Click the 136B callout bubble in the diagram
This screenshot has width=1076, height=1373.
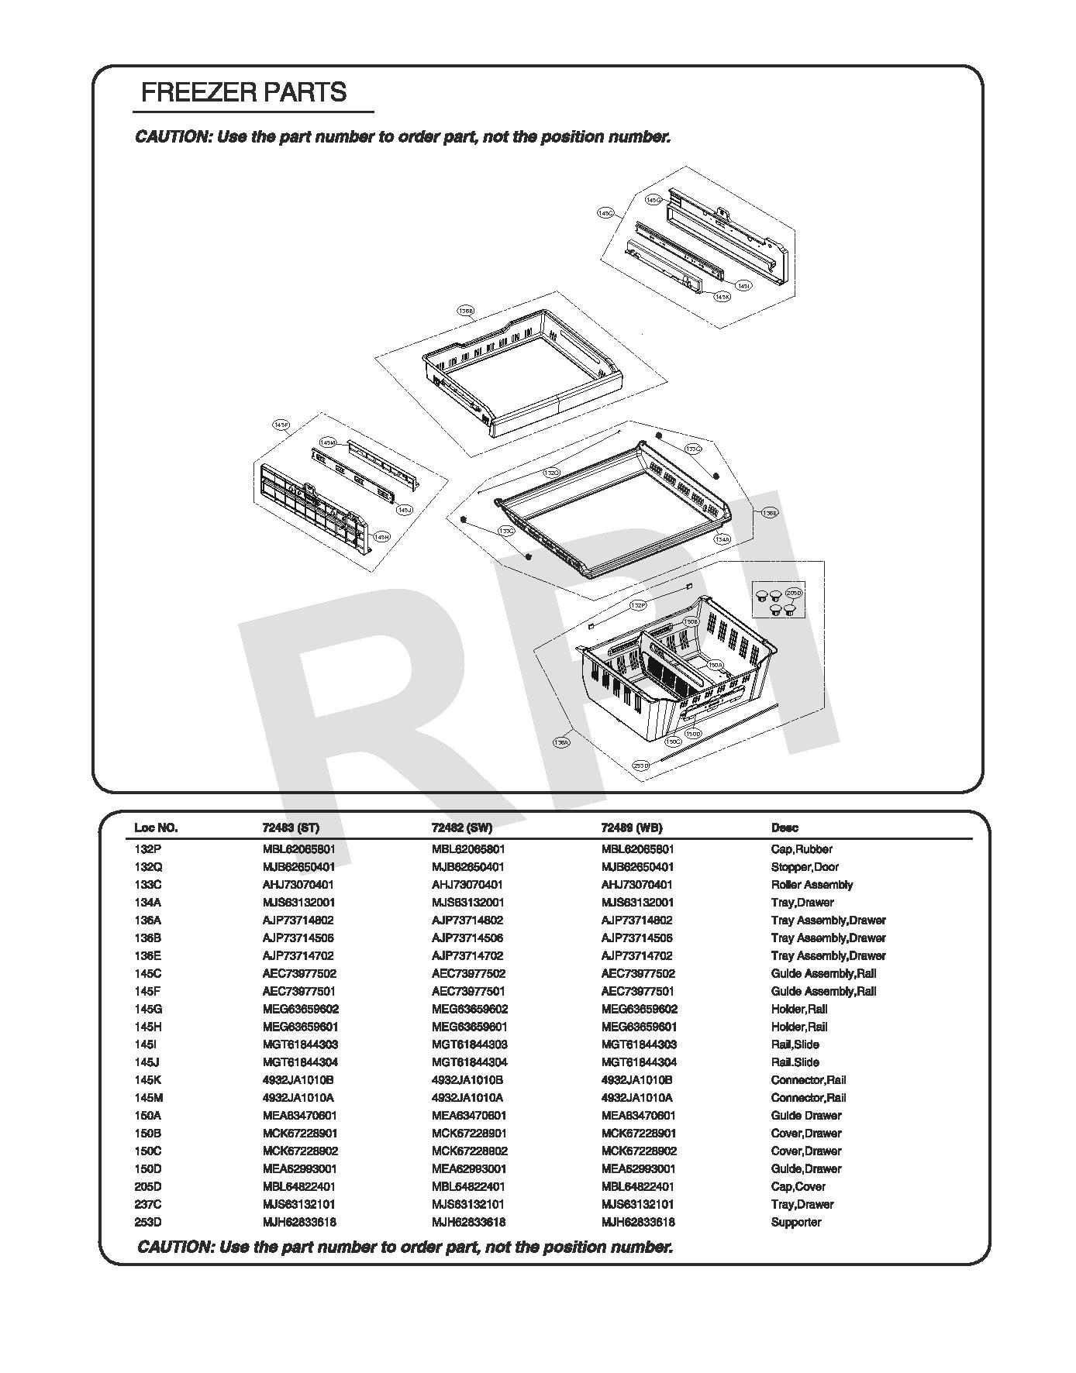click(x=465, y=311)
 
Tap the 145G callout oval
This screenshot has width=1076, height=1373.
click(x=654, y=200)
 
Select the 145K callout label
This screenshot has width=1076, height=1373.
click(x=722, y=297)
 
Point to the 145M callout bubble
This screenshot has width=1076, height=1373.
click(x=328, y=442)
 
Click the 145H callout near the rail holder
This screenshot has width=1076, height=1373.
click(x=381, y=536)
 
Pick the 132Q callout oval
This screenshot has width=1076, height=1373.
click(x=551, y=472)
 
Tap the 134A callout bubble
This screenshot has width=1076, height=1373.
click(x=722, y=539)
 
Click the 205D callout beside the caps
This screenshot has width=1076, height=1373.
click(x=793, y=593)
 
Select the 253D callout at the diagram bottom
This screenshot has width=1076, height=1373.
click(x=640, y=765)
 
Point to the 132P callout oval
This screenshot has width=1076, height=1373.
click(x=638, y=605)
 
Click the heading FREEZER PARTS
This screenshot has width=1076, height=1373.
click(x=243, y=93)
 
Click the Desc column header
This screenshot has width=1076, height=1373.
click(x=785, y=828)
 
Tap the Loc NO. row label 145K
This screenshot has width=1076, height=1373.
click(x=148, y=1080)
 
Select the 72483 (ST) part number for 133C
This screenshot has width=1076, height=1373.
click(x=298, y=885)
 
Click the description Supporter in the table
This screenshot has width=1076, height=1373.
click(x=795, y=1222)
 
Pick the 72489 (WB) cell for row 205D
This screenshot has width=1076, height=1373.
click(x=637, y=1186)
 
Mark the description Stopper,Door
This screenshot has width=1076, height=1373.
click(x=804, y=867)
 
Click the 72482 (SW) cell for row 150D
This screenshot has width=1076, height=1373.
click(x=467, y=1168)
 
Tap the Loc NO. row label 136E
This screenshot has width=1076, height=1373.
click(x=148, y=955)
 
